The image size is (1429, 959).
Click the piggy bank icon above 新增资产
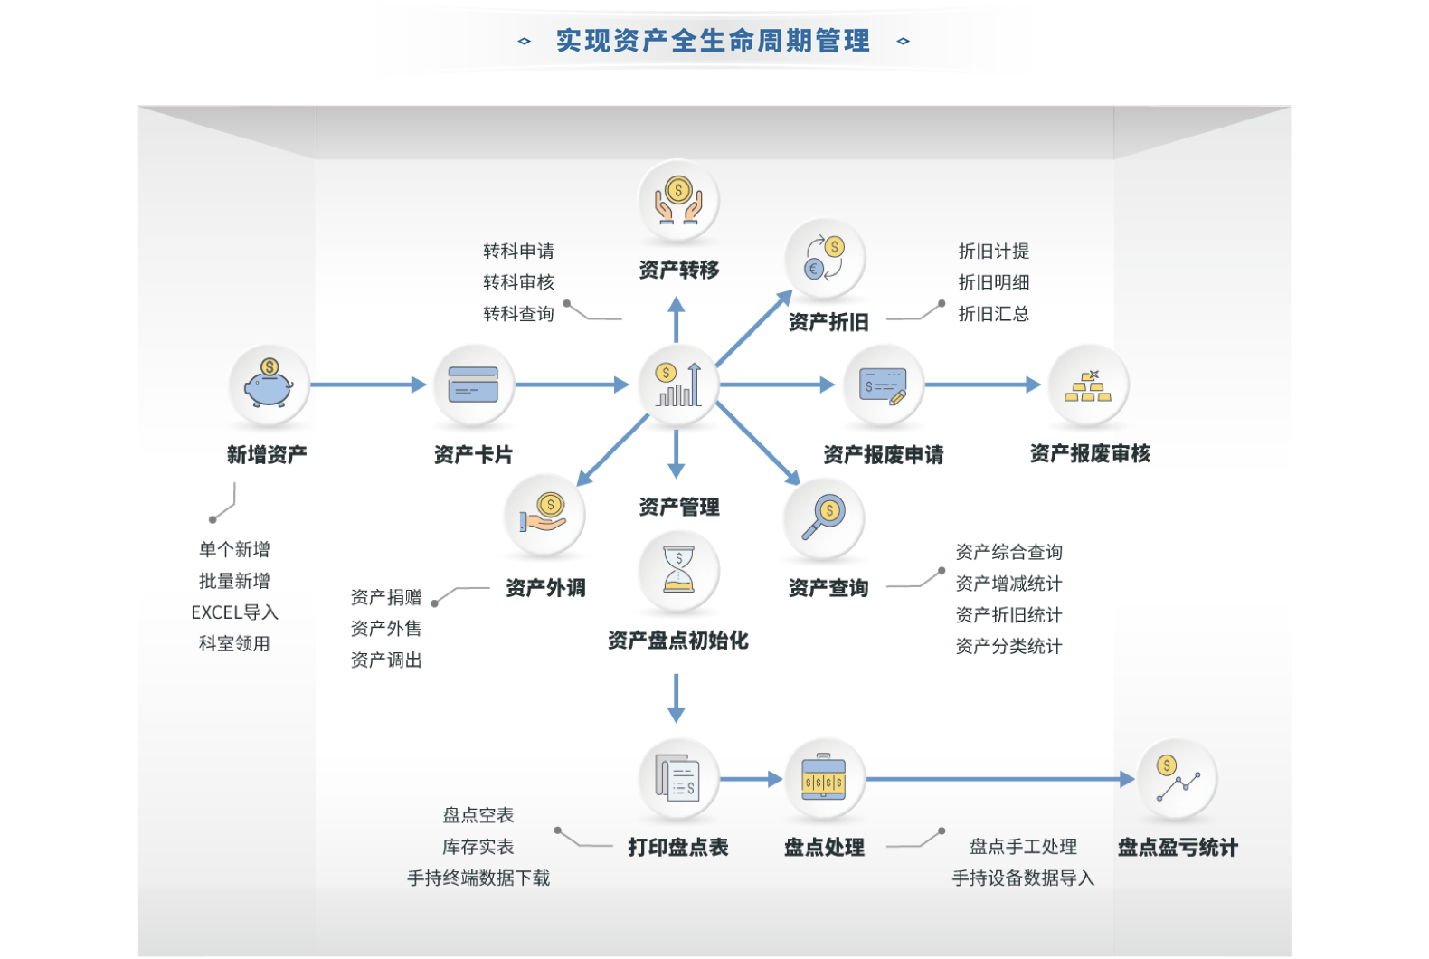tap(269, 385)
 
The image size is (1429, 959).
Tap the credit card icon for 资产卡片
tap(473, 385)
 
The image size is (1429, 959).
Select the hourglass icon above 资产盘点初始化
tap(678, 570)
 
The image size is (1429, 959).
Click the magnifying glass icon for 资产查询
tap(824, 517)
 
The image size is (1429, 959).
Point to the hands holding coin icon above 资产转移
tap(678, 200)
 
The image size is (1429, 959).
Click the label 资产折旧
tap(828, 322)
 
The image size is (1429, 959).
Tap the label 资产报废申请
tap(883, 454)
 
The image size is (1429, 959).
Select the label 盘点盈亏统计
tap(1178, 848)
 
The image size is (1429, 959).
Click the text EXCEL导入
tap(234, 612)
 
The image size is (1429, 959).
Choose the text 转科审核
tap(518, 282)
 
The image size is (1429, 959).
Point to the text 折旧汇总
tap(993, 314)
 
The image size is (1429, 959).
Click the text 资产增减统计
tap(1008, 584)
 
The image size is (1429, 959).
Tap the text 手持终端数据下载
tap(478, 878)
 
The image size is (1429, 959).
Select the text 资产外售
tap(386, 628)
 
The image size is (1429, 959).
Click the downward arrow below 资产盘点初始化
tap(676, 698)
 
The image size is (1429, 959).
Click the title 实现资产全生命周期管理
tap(713, 41)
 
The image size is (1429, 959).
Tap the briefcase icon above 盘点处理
tap(824, 779)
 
